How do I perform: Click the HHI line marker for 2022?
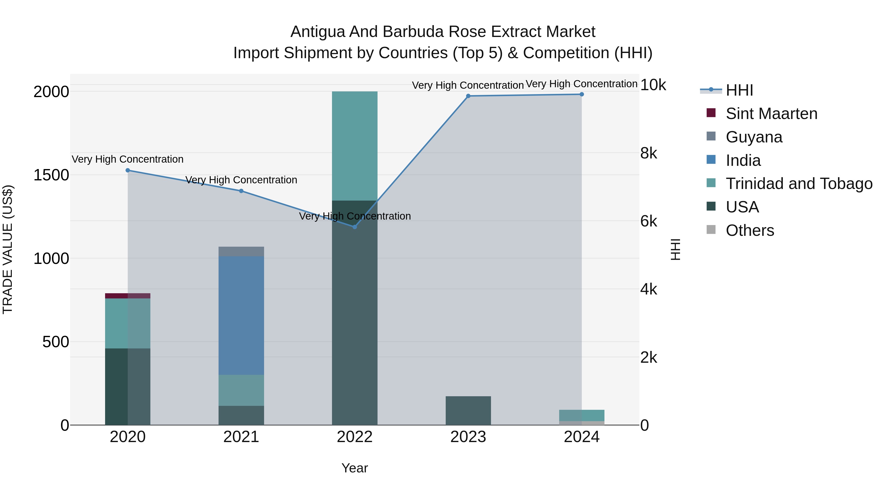pos(355,227)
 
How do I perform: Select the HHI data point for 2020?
pos(127,170)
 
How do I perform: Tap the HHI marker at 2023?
pos(468,96)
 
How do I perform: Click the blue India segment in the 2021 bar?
pos(241,315)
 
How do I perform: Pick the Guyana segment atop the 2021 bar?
pos(241,251)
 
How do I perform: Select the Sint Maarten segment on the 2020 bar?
pos(127,296)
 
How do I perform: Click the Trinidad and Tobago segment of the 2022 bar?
pos(355,146)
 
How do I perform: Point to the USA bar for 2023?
pos(468,411)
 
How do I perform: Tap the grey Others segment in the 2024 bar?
pos(582,423)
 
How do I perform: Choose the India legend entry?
pos(743,160)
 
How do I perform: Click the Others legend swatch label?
pos(750,230)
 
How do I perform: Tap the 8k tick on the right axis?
pos(649,153)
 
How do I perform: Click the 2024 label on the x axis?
pos(582,437)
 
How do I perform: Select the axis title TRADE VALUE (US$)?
pos(8,249)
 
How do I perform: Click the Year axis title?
pos(355,468)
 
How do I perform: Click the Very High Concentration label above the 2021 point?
pos(241,180)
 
